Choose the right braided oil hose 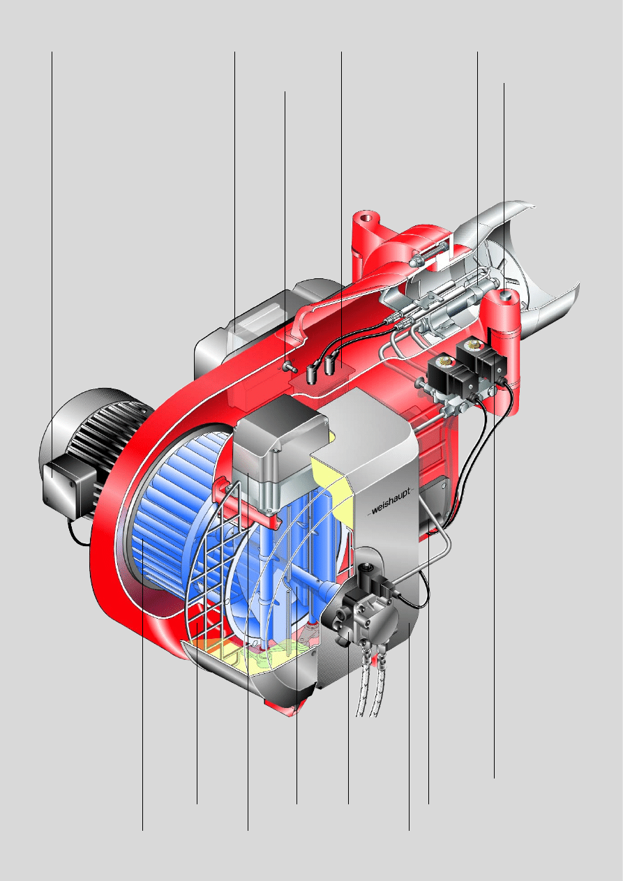pyautogui.click(x=378, y=685)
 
